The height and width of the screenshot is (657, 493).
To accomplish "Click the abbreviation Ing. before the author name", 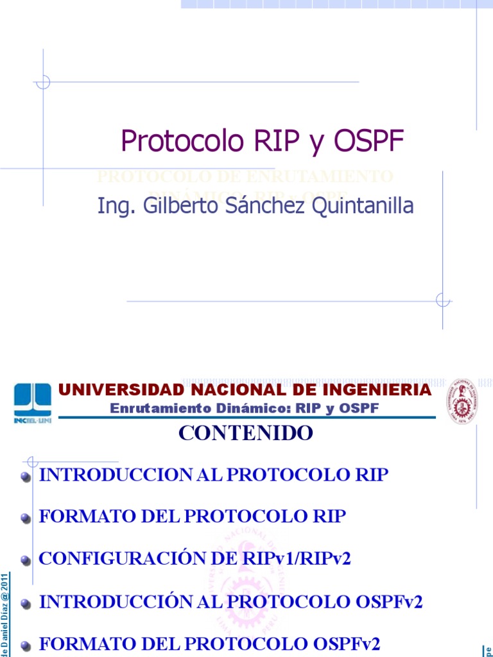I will [x=114, y=206].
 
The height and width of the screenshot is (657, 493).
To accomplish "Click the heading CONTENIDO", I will [x=246, y=433].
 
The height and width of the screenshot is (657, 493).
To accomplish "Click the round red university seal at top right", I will [x=462, y=400].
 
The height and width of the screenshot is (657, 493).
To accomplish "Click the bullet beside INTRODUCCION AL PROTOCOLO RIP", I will [x=26, y=477].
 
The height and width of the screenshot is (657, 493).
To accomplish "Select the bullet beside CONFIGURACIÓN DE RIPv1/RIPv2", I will [x=26, y=561].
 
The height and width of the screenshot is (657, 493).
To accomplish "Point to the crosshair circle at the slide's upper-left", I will [x=43, y=82].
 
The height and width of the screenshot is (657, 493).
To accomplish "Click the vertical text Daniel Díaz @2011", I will [x=5, y=606].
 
